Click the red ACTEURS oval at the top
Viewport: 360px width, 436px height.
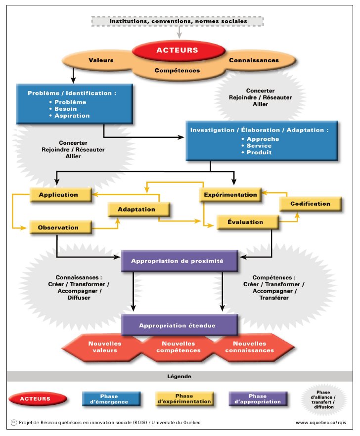178,50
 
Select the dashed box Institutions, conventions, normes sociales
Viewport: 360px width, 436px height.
178,21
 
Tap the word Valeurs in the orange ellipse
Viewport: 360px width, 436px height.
101,60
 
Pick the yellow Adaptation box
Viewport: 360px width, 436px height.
136,209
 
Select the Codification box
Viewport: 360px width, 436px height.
310,204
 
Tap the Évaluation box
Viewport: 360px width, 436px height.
246,222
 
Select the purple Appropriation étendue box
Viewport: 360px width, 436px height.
177,325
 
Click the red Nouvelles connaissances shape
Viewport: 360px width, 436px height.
250,347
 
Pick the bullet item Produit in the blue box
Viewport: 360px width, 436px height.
259,152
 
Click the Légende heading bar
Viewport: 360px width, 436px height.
179,376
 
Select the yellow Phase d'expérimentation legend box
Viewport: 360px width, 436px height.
184,399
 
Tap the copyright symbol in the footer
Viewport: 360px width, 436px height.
12,423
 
